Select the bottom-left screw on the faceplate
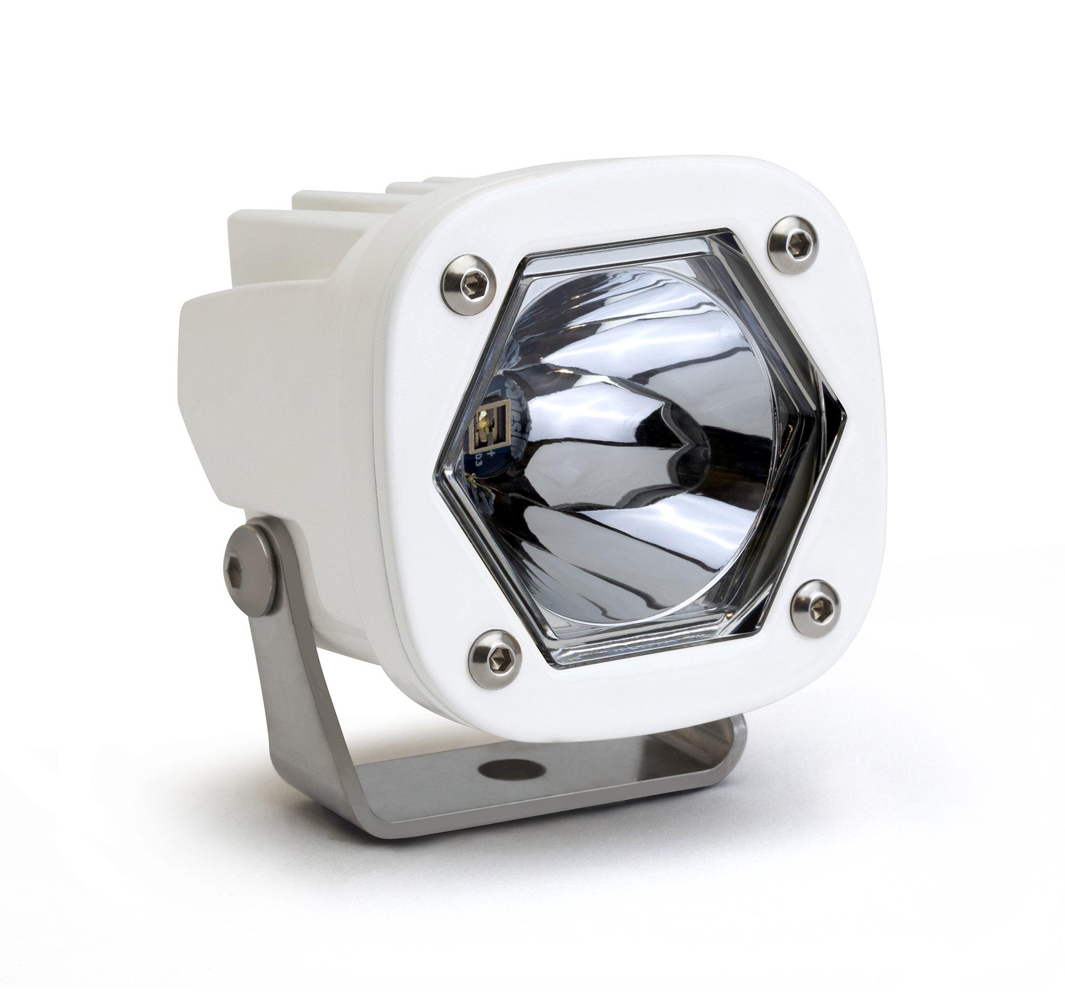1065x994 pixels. [x=494, y=659]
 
